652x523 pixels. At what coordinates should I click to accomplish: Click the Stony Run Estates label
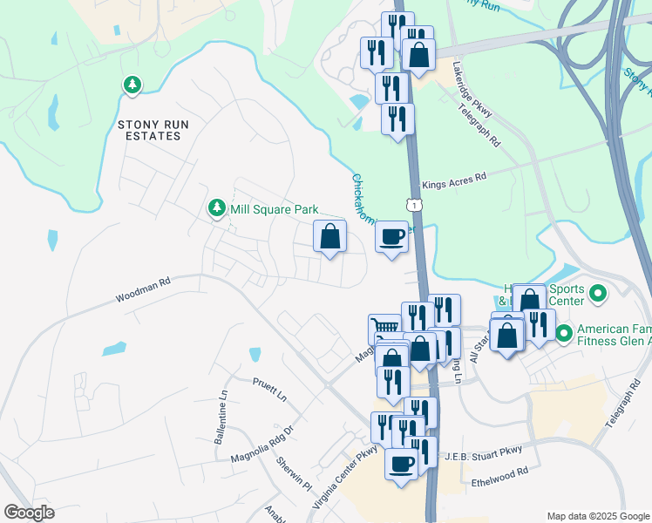pos(153,130)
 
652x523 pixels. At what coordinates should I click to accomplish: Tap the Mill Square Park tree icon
pos(216,209)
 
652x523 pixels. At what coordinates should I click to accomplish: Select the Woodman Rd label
pos(142,291)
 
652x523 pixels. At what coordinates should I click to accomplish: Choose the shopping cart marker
pos(383,329)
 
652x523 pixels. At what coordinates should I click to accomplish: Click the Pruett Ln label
pos(269,389)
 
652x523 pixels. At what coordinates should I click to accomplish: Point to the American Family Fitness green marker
pos(563,332)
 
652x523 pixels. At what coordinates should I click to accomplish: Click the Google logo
pos(29,513)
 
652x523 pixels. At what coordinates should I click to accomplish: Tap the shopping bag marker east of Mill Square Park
pos(330,236)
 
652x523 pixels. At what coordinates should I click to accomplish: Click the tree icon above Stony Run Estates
pos(132,85)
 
